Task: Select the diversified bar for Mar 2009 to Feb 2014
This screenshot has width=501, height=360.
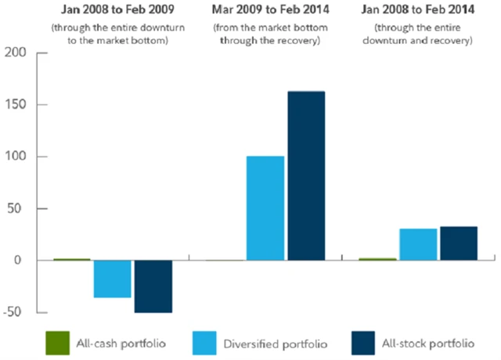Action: (265, 208)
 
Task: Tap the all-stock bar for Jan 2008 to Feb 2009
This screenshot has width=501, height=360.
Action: (153, 286)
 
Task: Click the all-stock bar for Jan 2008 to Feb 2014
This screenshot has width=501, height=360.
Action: (459, 243)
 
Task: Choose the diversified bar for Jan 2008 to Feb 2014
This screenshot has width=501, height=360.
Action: (418, 244)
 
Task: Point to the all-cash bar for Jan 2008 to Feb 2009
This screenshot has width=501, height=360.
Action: (72, 259)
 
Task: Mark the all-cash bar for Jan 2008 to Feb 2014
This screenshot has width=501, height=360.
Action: (377, 259)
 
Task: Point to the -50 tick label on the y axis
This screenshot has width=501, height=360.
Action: (16, 312)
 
